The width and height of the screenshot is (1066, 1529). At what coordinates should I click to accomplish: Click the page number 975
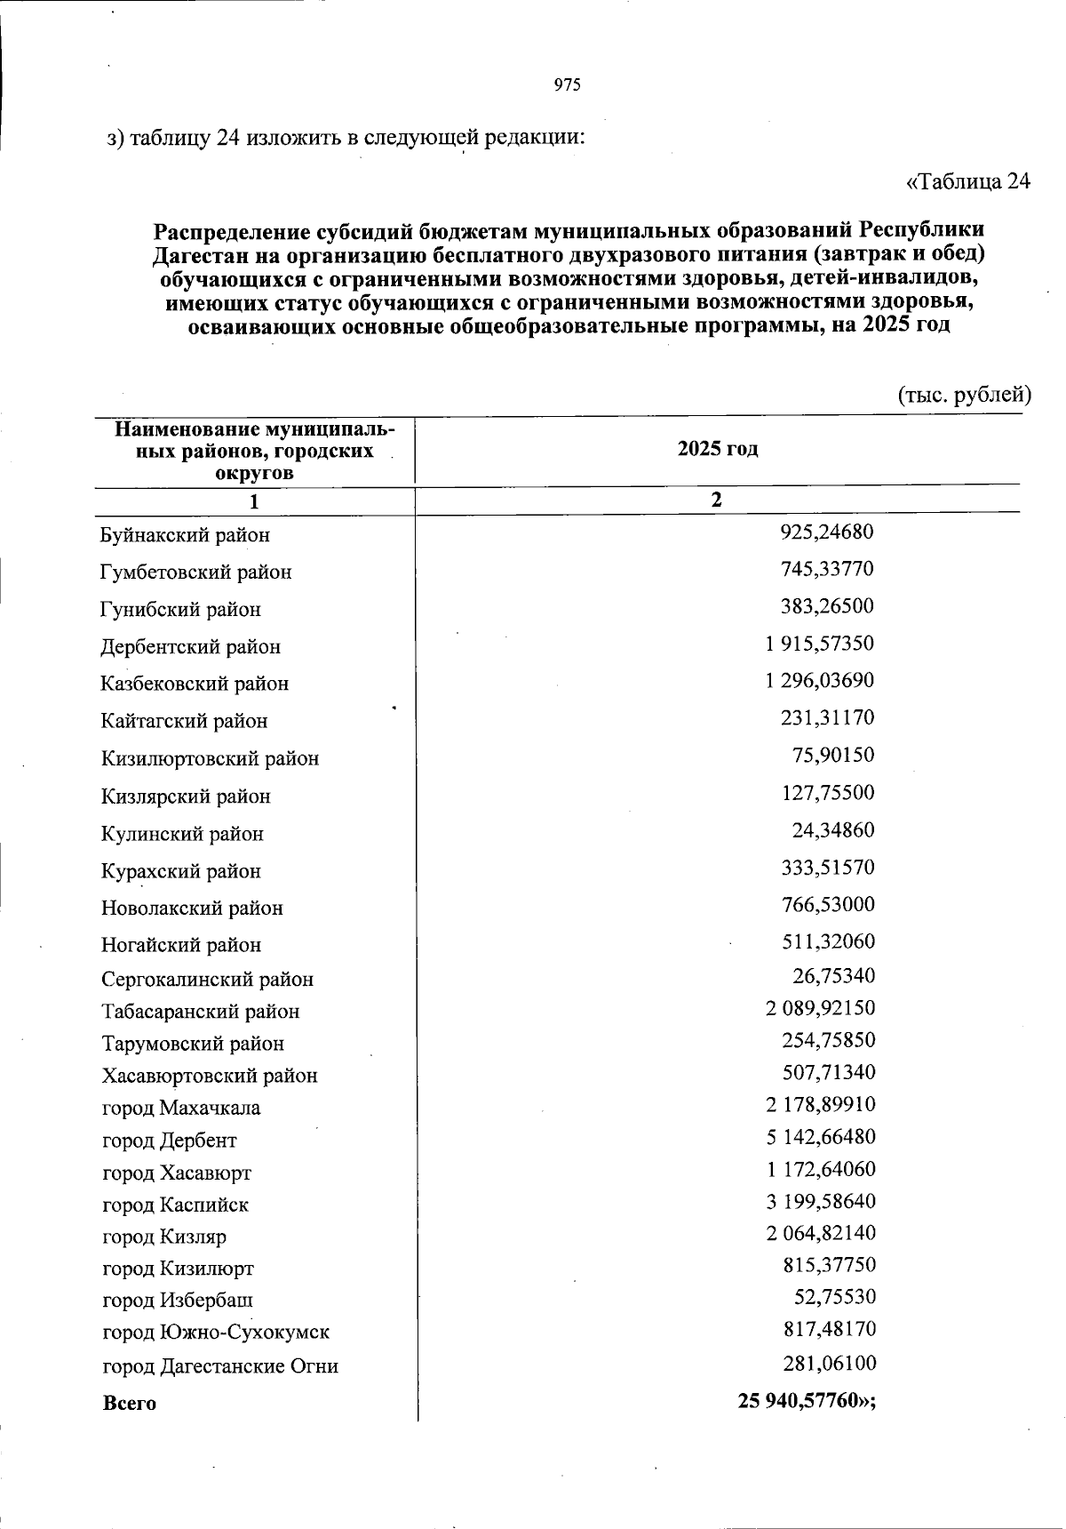pos(567,85)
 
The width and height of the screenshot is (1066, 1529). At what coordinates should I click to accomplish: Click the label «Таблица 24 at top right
pos(967,181)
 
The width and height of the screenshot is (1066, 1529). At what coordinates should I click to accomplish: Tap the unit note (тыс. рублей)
pos(964,395)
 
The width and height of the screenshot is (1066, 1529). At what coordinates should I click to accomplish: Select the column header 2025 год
pos(718,449)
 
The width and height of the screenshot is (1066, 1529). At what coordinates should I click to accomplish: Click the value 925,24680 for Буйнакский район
pos(827,532)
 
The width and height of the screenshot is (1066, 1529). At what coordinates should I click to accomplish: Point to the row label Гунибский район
pos(181,610)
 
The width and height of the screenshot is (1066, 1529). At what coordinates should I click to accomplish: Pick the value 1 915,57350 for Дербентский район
pos(819,644)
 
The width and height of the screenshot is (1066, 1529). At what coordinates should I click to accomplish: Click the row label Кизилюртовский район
pos(210,759)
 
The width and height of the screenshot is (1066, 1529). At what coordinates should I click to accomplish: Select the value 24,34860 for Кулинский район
pos(833,830)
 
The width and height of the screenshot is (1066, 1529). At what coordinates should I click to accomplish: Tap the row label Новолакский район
pos(192,909)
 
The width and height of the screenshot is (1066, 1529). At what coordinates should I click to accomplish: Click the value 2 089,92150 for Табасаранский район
pos(820,1008)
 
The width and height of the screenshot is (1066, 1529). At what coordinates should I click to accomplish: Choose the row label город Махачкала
pos(181,1109)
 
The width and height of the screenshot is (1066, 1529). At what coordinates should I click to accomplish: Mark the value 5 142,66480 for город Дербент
pos(820,1137)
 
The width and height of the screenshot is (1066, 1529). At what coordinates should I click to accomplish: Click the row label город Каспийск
pos(175,1205)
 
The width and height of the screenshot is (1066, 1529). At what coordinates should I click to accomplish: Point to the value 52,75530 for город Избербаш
pos(834,1297)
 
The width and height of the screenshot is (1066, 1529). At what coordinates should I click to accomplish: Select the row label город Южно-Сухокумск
pos(216,1333)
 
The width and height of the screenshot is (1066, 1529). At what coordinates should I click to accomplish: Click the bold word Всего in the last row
pos(130,1404)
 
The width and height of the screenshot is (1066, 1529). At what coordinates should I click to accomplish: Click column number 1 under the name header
pos(254,502)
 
